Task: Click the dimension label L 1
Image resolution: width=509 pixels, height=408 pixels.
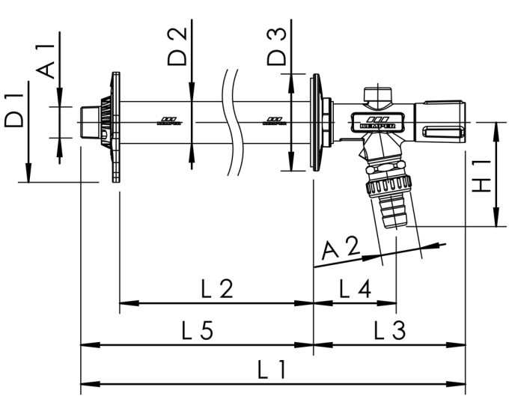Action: click(x=272, y=370)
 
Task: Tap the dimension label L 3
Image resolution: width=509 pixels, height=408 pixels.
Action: click(x=389, y=330)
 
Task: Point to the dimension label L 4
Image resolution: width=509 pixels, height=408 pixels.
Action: click(x=354, y=287)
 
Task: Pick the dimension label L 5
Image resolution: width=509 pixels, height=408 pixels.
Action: click(x=196, y=330)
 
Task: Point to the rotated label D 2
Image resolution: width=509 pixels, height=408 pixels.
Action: click(x=177, y=47)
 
